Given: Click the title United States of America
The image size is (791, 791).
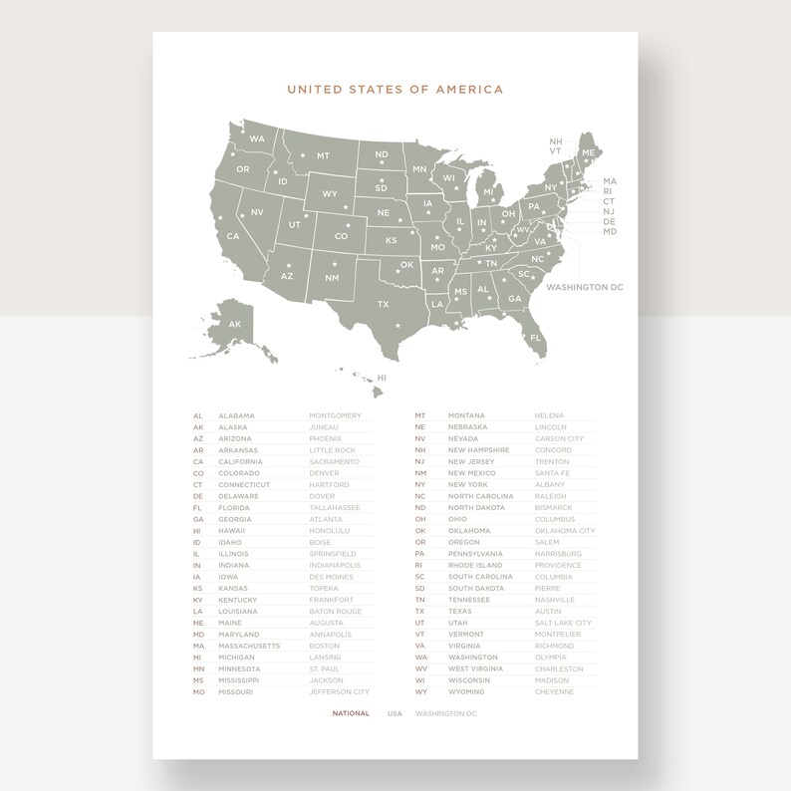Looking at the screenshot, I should (x=395, y=90).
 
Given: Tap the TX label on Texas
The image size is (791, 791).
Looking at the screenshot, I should (x=383, y=304).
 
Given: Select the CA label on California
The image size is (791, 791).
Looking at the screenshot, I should (x=233, y=237).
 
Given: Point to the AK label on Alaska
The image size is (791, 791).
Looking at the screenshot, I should (x=235, y=325).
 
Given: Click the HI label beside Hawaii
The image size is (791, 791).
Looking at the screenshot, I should (x=381, y=379).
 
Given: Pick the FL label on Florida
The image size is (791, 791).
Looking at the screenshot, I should (x=536, y=338).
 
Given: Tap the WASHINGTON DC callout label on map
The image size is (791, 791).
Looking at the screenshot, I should (x=584, y=287).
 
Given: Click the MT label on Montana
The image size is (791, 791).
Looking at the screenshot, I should (x=323, y=156).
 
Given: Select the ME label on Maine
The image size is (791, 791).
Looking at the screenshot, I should (x=588, y=152).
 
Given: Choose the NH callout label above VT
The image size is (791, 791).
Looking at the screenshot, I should (x=555, y=141).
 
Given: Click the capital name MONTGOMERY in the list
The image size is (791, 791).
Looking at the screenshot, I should (x=335, y=415).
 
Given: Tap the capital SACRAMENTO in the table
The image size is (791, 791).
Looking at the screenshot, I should (x=334, y=461).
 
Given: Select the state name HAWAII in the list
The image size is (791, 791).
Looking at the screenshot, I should (x=233, y=531).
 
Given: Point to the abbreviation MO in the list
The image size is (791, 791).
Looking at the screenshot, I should (x=198, y=691).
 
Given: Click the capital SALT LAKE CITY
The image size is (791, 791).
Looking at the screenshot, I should (x=563, y=623).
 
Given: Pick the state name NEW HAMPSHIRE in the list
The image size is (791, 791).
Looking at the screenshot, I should (x=478, y=450).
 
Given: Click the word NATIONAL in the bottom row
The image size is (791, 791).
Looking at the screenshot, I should (x=351, y=713).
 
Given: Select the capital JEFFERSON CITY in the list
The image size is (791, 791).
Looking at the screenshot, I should (x=339, y=691).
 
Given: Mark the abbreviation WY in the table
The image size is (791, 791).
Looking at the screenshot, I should (x=420, y=691).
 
